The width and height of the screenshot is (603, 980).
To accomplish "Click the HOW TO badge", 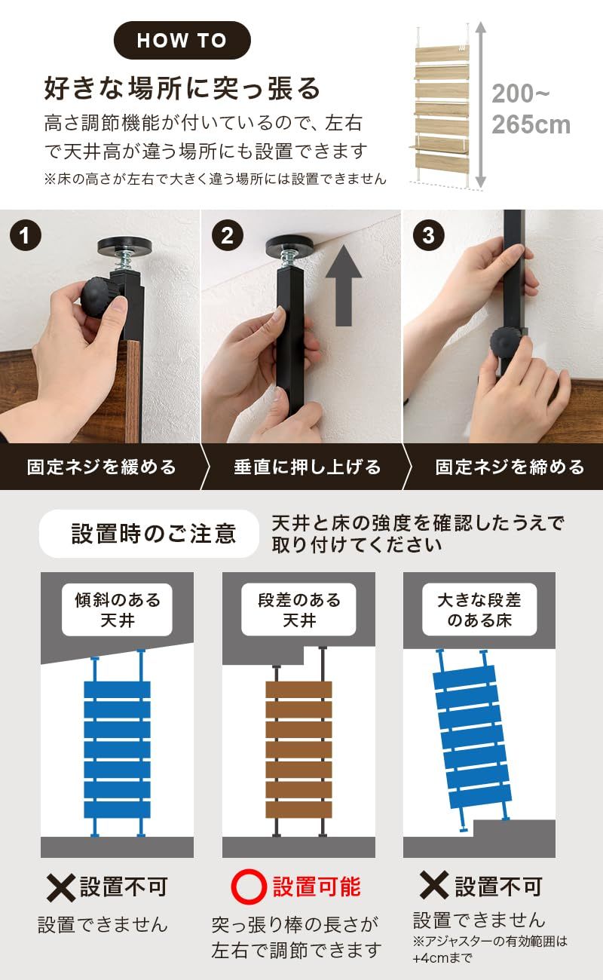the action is (x=182, y=40).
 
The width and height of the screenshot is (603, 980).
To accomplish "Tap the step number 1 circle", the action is (x=26, y=235).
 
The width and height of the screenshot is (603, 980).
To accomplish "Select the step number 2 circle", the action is (x=227, y=235).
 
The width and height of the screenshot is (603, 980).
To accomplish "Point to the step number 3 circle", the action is (x=428, y=235).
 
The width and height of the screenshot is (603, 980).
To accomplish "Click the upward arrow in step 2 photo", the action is (x=344, y=285).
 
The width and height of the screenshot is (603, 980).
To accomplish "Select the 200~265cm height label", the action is (x=531, y=109).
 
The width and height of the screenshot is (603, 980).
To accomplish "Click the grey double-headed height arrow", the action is (x=480, y=106).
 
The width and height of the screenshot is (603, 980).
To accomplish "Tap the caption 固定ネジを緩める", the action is (x=102, y=467).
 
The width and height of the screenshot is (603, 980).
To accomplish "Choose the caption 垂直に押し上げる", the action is (x=308, y=467).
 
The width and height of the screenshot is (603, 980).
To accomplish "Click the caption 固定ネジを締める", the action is (x=510, y=467).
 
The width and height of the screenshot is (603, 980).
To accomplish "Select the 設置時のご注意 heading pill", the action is (x=149, y=533).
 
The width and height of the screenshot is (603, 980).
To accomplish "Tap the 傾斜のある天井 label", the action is (x=118, y=609).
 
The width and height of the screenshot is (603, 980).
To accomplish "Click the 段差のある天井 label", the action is (x=299, y=609).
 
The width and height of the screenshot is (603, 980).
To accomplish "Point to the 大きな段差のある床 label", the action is (x=479, y=609).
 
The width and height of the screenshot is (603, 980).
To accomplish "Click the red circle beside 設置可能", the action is (x=249, y=887).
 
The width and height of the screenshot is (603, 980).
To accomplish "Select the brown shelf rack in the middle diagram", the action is (x=299, y=741).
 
